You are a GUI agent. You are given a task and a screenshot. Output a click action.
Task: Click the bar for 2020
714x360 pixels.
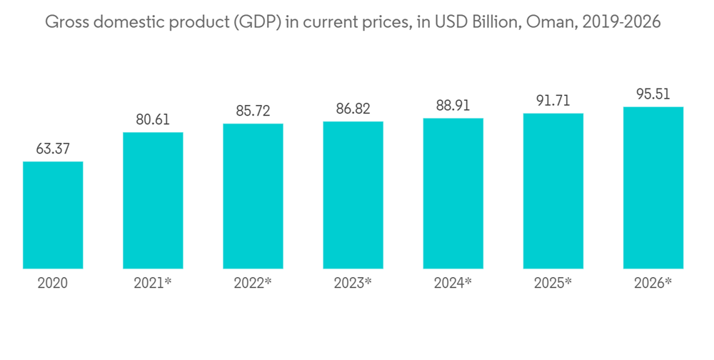[x=53, y=215]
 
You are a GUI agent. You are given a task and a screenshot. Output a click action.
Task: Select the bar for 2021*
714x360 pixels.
[x=153, y=201]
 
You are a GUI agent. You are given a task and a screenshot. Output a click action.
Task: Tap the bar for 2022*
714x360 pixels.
[x=253, y=196]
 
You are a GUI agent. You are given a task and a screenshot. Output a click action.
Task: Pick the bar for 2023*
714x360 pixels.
[x=353, y=195]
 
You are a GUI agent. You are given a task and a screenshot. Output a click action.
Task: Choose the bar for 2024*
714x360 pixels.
[x=453, y=194]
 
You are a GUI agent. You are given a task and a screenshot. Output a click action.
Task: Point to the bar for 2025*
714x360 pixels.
[x=553, y=191]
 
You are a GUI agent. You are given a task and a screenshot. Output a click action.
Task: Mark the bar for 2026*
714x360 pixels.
[x=653, y=188]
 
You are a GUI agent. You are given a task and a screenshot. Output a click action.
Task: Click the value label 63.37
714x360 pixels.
[x=53, y=149]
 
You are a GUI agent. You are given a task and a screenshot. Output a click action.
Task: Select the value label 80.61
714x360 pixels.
[x=153, y=120]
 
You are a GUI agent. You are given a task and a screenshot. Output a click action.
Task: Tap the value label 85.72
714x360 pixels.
[x=253, y=111]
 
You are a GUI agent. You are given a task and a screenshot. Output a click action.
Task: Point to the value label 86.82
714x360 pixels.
[x=353, y=109]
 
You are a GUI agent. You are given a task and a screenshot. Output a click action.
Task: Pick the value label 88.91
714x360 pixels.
[x=453, y=106]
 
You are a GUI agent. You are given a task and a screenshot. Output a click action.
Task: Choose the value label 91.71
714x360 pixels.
[x=553, y=101]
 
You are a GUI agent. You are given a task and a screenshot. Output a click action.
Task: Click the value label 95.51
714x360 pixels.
[x=653, y=94]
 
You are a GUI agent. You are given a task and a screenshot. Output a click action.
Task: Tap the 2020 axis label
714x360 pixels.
[x=53, y=283]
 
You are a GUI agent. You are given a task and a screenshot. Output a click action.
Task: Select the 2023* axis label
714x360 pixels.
[x=353, y=283]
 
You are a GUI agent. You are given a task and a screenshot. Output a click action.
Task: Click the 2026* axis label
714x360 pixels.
[x=653, y=283]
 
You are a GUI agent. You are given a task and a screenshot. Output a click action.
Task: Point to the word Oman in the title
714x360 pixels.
[x=550, y=23]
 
